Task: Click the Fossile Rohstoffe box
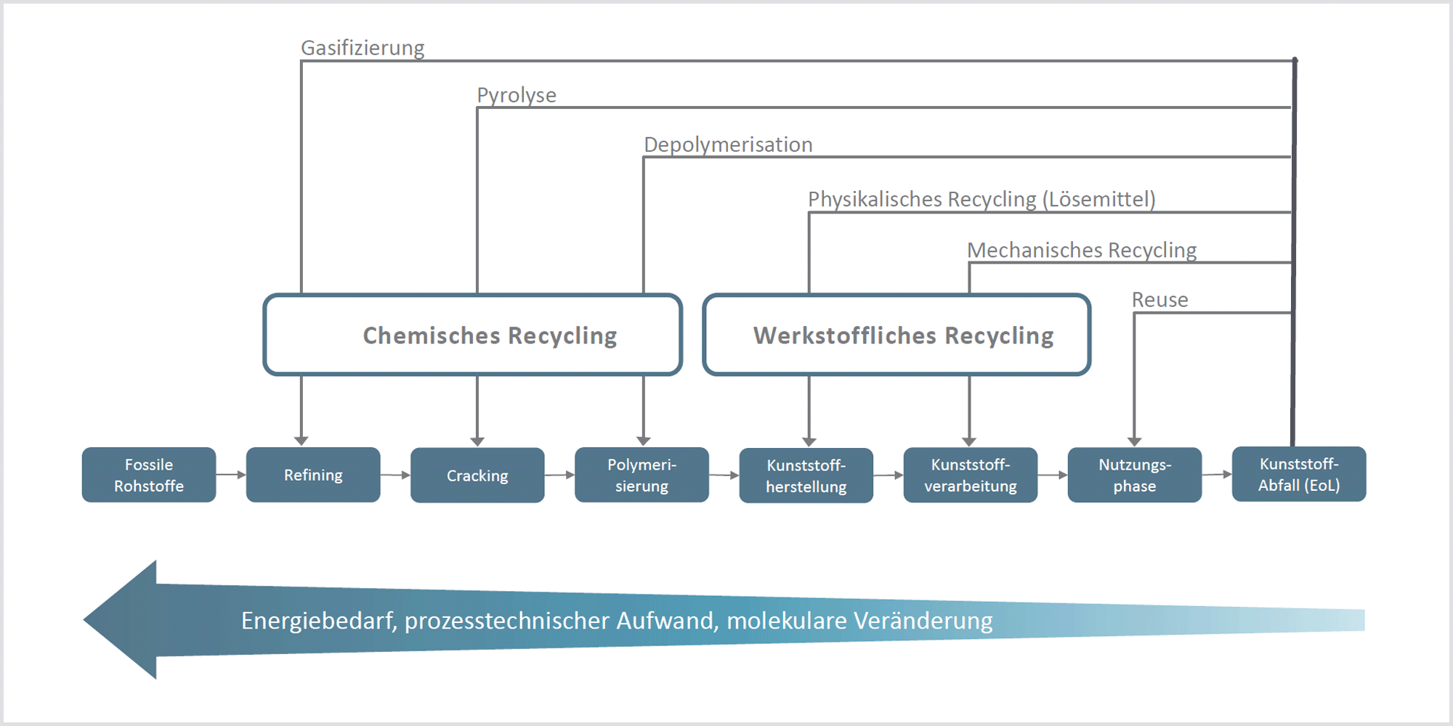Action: point(149,475)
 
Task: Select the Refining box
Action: point(313,475)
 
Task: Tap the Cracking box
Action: point(477,476)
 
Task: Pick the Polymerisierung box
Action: point(641,475)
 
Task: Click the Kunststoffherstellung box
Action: point(806,476)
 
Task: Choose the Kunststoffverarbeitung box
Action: point(971,475)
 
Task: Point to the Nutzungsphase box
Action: point(1135,475)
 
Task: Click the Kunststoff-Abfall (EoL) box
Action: point(1299,474)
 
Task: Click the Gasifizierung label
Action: point(363,48)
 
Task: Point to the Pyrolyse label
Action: point(517,95)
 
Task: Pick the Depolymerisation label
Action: point(728,144)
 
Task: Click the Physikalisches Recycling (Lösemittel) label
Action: point(982,199)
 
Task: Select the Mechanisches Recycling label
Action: point(1082,250)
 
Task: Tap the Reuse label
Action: point(1159,300)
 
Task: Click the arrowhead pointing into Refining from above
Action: point(301,441)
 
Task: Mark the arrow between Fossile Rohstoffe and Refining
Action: point(231,475)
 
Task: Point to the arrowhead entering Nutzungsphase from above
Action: point(1135,441)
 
